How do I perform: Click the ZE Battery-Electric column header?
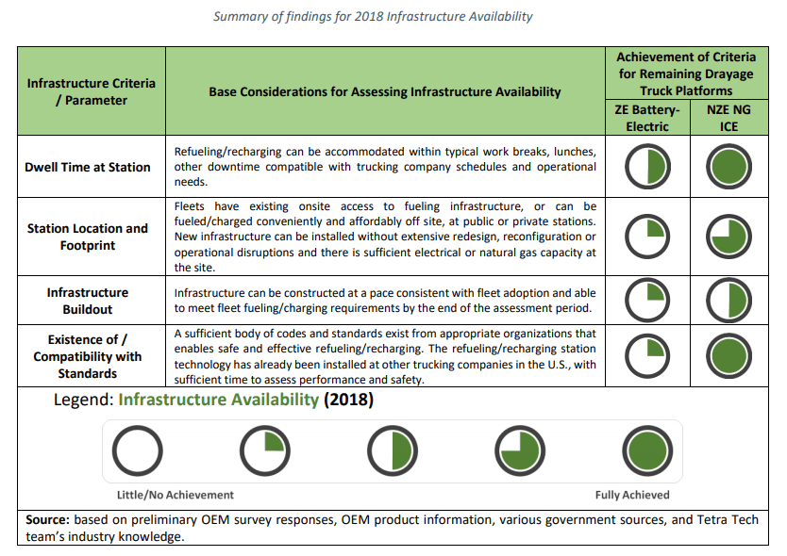(x=647, y=118)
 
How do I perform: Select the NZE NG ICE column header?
(x=728, y=118)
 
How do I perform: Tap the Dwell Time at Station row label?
(x=88, y=167)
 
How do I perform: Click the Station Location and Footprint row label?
(x=88, y=236)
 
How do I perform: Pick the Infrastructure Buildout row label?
(x=88, y=301)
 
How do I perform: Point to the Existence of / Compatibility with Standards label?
(x=88, y=356)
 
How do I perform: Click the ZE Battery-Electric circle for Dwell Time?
(x=647, y=167)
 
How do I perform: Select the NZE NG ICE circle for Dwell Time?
(x=728, y=167)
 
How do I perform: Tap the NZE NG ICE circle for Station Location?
(x=728, y=236)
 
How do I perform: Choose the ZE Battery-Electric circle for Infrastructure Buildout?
(x=647, y=301)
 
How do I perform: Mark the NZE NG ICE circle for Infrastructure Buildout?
(x=728, y=301)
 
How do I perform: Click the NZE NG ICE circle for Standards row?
(x=728, y=356)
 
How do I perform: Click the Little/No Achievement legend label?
(x=168, y=495)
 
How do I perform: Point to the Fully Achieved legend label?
(x=632, y=495)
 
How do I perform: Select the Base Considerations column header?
(x=385, y=92)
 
